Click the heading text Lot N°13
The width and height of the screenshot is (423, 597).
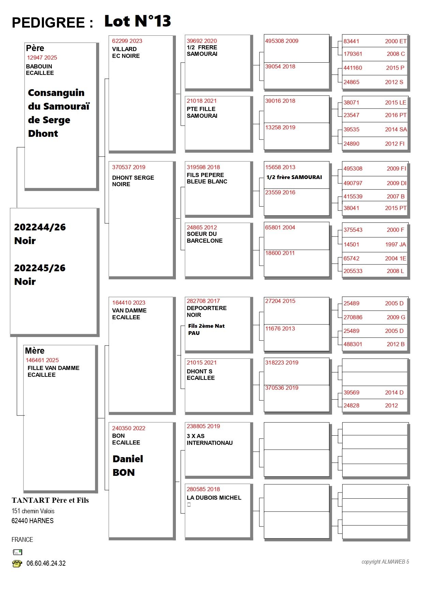point(137,21)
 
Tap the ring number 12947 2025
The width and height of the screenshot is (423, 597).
point(42,58)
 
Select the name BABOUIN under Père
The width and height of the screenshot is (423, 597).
point(39,66)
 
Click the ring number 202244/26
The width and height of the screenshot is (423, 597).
point(40,227)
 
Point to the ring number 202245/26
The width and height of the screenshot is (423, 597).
point(40,268)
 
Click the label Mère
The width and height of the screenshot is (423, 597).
point(35,351)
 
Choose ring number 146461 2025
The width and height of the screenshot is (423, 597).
point(42,360)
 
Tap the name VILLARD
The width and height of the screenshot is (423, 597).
point(124,49)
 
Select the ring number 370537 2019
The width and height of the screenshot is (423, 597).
point(129,167)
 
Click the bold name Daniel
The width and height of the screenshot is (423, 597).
point(128,459)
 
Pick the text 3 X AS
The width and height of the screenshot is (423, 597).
point(195,436)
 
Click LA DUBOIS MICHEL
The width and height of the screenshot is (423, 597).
point(214,498)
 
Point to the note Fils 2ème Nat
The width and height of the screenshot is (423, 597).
point(206,326)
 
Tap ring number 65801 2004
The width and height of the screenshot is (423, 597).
point(280,227)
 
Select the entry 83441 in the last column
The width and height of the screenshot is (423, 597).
point(351,41)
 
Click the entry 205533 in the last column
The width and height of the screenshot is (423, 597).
point(353,271)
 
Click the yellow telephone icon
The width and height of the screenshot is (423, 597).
point(17,564)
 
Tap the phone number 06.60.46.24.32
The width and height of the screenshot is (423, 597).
point(46,563)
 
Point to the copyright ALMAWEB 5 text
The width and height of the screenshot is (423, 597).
point(385,562)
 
